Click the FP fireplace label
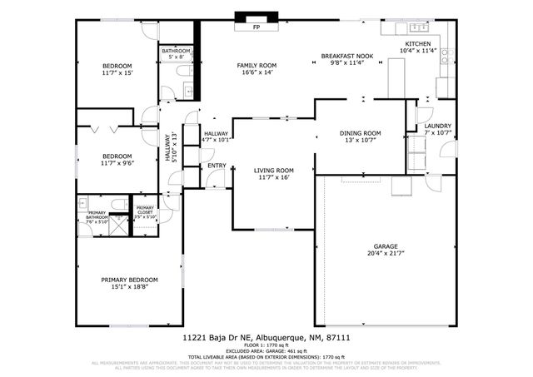click(x=257, y=27)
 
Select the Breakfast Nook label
click(x=347, y=57)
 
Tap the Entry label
click(x=217, y=166)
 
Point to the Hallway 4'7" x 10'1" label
click(x=217, y=136)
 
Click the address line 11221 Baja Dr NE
click(x=266, y=339)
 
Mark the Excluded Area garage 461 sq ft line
click(x=266, y=351)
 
